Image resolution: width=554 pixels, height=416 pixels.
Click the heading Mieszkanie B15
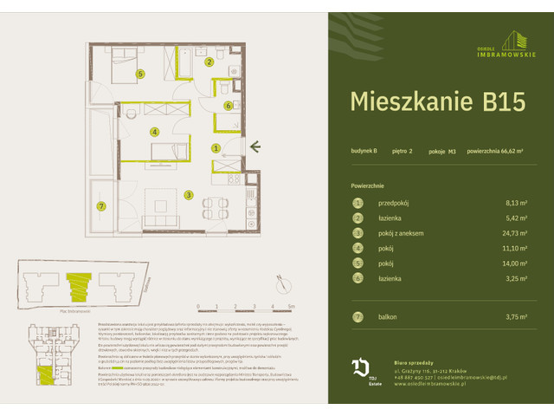[x=436, y=101]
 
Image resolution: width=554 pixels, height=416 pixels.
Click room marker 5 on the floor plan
[x=140, y=74]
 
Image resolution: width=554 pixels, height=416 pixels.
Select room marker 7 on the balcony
[x=101, y=205]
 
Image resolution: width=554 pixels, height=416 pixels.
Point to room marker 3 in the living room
[x=188, y=195]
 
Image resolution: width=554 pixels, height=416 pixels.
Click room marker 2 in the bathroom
[x=209, y=62]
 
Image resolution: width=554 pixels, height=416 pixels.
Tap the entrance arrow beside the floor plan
[x=256, y=148]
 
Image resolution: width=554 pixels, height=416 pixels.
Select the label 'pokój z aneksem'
[x=401, y=233]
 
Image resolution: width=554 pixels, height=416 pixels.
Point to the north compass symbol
[x=280, y=279]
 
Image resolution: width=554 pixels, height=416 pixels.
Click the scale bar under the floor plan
[x=245, y=304]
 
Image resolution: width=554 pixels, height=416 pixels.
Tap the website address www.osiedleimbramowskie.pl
[x=430, y=384]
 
